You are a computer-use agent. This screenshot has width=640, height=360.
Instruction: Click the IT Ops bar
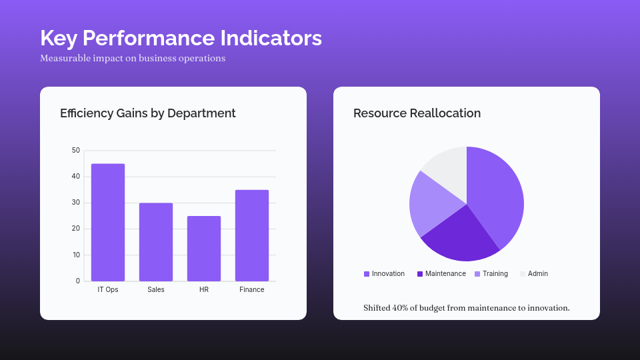[x=108, y=222]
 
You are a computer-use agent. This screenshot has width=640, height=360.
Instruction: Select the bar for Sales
[x=156, y=242]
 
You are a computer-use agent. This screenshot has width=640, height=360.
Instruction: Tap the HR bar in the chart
[x=204, y=248]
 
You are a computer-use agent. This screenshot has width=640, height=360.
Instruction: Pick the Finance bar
[x=252, y=235]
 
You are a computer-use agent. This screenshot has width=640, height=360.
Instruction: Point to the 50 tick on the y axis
[x=76, y=151]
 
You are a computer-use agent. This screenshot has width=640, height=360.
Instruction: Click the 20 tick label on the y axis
[x=76, y=229]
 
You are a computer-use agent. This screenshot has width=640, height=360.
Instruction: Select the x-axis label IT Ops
[x=108, y=290]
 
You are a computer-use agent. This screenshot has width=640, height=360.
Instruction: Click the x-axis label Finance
[x=252, y=290]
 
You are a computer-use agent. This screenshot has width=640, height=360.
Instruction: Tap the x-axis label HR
[x=204, y=290]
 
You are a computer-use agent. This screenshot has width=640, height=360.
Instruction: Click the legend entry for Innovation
[x=385, y=274]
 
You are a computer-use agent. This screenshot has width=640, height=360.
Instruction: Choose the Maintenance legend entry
[x=441, y=274]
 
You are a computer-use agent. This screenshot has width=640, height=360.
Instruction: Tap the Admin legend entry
[x=534, y=274]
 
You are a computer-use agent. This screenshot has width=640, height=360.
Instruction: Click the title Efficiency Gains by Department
[x=148, y=113]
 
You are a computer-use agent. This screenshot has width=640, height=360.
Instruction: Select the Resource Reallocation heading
[x=417, y=113]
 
